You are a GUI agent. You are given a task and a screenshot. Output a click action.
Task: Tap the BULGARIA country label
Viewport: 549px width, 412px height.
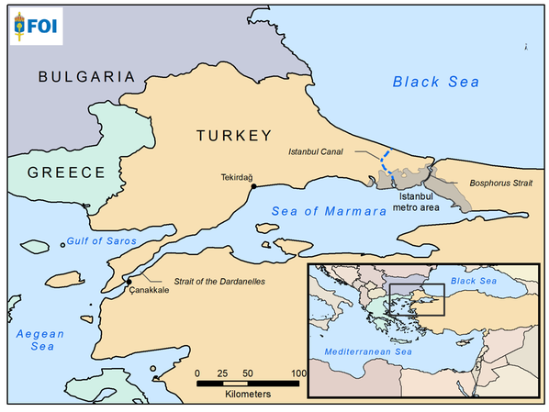pos(86,77)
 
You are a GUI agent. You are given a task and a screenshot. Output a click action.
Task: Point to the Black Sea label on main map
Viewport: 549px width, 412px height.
pos(436,83)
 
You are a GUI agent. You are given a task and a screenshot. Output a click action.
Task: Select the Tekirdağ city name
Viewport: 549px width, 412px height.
pos(237,176)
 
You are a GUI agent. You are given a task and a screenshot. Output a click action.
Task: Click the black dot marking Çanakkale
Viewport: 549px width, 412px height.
pos(129,281)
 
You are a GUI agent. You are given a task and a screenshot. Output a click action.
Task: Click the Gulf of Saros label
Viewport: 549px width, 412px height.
pos(100,241)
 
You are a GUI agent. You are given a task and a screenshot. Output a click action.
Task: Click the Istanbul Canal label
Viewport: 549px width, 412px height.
pos(317,150)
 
